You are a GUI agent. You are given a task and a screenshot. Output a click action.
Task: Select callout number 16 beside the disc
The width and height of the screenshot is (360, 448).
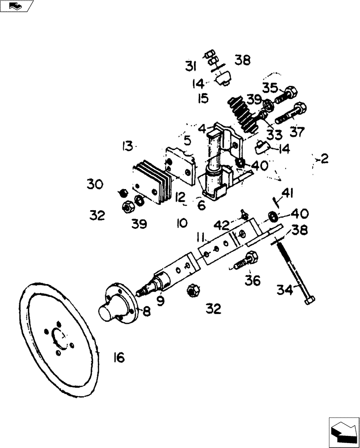click(x=119, y=358)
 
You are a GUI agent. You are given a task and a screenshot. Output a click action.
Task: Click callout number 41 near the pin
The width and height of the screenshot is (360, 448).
click(x=287, y=194)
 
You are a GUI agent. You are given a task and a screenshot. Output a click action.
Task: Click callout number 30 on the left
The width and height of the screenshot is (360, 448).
click(x=95, y=184)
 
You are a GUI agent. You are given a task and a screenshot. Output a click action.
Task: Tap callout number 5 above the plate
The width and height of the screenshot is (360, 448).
click(x=188, y=141)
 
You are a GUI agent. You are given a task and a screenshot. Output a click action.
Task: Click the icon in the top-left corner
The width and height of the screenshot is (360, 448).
click(x=16, y=6)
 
